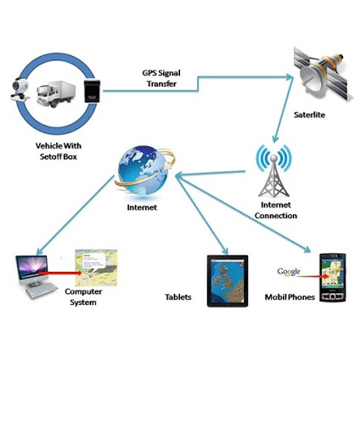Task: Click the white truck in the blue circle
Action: (56, 93)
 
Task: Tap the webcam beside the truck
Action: (20, 88)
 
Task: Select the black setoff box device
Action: (92, 91)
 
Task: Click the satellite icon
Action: (322, 74)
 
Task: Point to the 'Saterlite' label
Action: (309, 115)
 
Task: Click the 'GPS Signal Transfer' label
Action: (161, 78)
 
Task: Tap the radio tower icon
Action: (273, 171)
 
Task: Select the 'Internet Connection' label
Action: (276, 210)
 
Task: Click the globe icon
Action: (144, 171)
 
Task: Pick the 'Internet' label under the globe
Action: (142, 207)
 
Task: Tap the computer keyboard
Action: (42, 291)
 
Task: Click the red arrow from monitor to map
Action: (60, 273)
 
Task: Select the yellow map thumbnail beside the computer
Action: (96, 268)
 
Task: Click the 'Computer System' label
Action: (83, 297)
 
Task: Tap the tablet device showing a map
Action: (228, 281)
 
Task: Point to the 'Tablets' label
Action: (178, 297)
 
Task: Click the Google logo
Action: (289, 272)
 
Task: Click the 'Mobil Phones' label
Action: (290, 297)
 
